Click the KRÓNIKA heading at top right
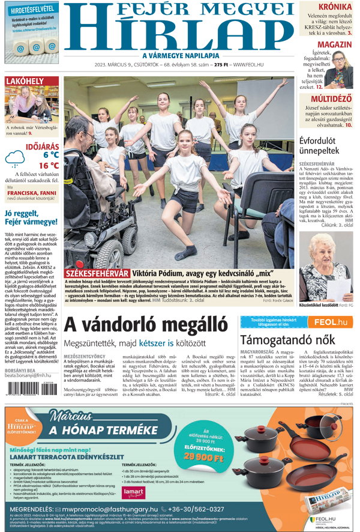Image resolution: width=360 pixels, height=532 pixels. [x=334, y=7]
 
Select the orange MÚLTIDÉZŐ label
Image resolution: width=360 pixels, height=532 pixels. [x=331, y=98]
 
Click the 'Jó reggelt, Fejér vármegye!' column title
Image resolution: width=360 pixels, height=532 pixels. [x=29, y=218]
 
